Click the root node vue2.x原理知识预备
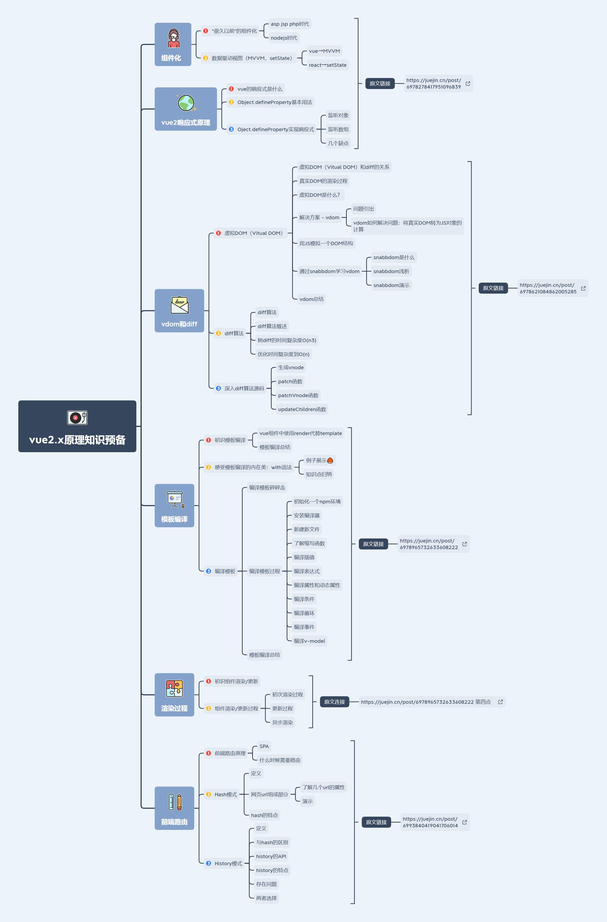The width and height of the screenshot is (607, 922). click(x=77, y=426)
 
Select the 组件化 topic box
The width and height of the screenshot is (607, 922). click(x=173, y=44)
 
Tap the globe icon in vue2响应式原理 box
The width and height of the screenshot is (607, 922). click(x=186, y=103)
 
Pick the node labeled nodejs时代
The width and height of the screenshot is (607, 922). click(x=284, y=38)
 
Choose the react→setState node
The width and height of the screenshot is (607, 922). click(x=327, y=65)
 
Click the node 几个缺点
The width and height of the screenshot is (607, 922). click(x=338, y=143)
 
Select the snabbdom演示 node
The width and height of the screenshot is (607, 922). click(x=391, y=285)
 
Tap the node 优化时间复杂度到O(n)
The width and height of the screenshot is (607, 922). click(x=283, y=354)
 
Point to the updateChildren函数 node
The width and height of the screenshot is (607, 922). click(x=302, y=409)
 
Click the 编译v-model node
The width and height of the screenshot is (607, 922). click(x=309, y=641)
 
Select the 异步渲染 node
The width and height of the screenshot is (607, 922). click(x=282, y=722)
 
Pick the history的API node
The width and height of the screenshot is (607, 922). click(x=271, y=856)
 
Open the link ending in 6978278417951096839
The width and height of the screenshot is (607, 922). click(x=434, y=83)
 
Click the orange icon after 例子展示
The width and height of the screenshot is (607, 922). click(x=330, y=461)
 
